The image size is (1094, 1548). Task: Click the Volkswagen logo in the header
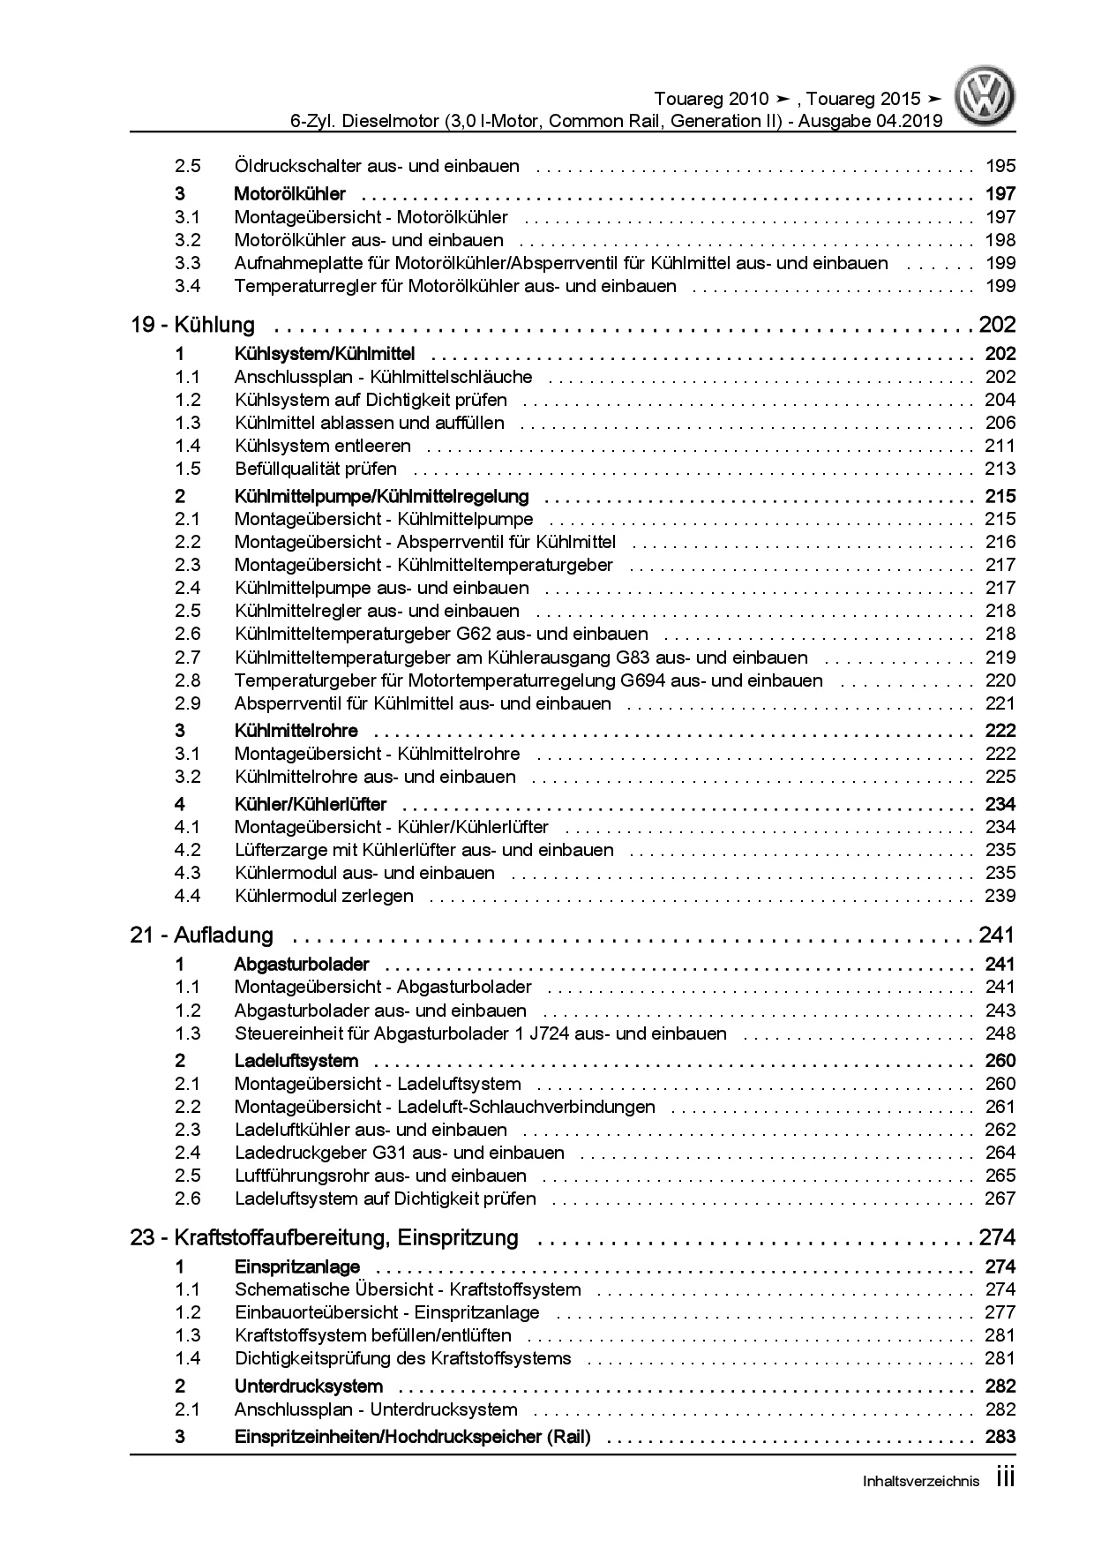tap(988, 98)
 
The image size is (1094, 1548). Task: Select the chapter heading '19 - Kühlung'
tap(192, 325)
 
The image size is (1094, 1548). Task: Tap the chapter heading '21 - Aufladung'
tap(202, 936)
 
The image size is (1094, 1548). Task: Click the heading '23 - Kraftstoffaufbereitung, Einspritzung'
tap(324, 1237)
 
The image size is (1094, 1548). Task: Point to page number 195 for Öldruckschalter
tap(1000, 166)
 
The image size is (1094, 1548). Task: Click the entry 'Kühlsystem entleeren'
tap(323, 446)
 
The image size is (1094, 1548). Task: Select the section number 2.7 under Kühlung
tap(187, 658)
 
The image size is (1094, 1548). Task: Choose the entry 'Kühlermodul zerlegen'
tap(324, 896)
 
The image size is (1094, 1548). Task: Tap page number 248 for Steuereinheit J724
tap(1000, 1033)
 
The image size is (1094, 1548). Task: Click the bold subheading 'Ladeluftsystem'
tap(296, 1061)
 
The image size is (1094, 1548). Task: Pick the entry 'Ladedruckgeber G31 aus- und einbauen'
tap(400, 1153)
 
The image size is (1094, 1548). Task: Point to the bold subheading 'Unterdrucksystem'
tap(309, 1386)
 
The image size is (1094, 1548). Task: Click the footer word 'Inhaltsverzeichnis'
tap(920, 1482)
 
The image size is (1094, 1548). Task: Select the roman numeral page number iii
tap(1005, 1478)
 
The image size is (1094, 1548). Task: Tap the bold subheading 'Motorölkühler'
tap(290, 194)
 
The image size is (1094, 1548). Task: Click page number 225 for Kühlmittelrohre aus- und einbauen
tap(1000, 777)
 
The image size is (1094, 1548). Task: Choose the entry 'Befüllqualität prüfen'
tap(316, 469)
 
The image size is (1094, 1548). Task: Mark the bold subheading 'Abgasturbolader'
tap(302, 965)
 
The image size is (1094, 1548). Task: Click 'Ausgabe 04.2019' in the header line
tap(868, 121)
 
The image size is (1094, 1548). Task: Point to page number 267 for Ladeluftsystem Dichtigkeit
tap(1000, 1199)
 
